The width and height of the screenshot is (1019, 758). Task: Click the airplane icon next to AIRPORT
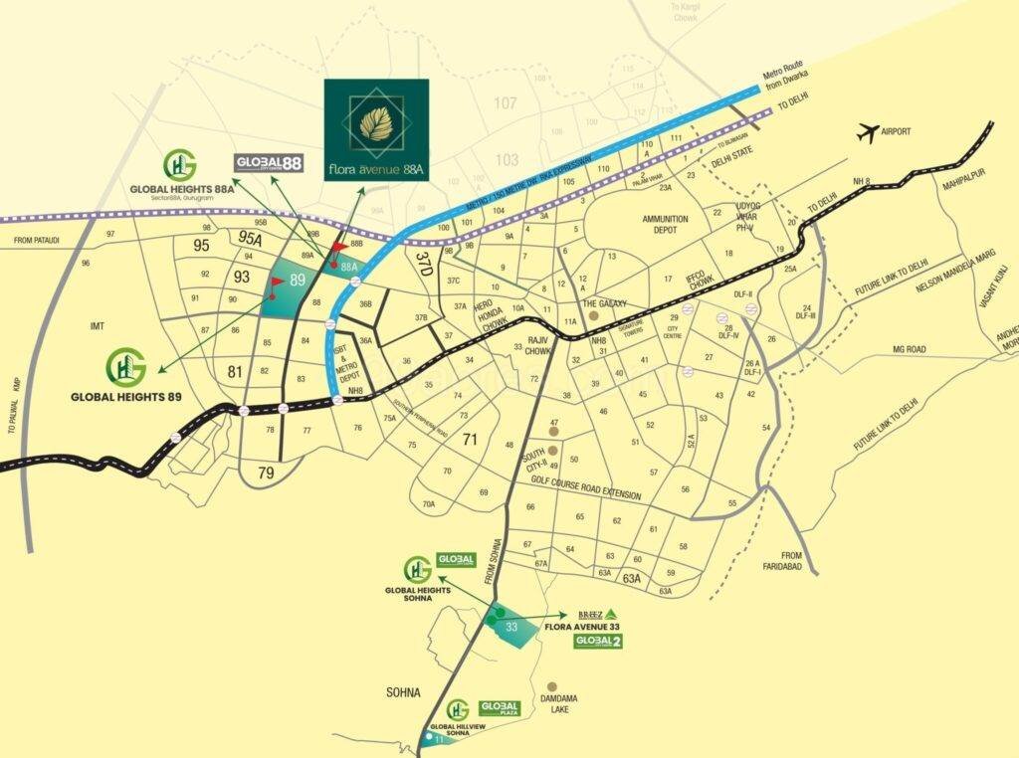[x=869, y=131]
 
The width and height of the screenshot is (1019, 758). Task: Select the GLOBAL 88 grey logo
[x=269, y=163]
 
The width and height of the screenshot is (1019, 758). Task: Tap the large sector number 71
[x=470, y=439]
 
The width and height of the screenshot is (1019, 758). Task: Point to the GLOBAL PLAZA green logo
[x=501, y=707]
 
